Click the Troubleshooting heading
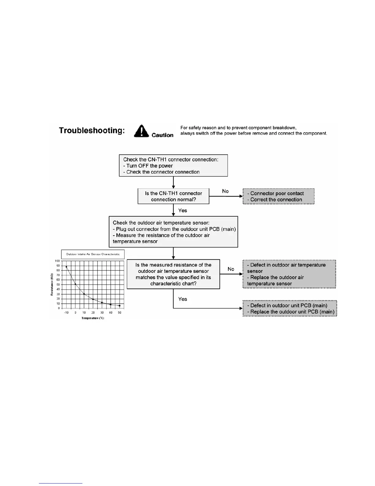coord(92,131)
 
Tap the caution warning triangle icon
coord(141,131)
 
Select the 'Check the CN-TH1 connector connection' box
coord(173,166)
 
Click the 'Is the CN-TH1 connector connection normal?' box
coord(173,196)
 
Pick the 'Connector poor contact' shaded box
coord(278,196)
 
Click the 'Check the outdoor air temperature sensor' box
coord(173,232)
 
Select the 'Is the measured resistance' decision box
coord(173,274)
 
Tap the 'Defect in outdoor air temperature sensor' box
coord(289,274)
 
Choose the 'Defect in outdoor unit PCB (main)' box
coord(290,309)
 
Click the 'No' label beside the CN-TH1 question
coord(225,191)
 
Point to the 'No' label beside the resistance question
coord(231,269)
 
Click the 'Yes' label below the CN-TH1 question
coord(183,210)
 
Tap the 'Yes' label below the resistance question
coord(183,299)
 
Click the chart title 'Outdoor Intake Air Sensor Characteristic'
coord(93,254)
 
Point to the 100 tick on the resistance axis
coord(57,261)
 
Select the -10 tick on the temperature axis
coord(66,313)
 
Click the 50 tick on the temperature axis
coord(119,313)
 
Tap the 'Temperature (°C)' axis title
coord(93,318)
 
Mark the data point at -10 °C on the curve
coord(66,267)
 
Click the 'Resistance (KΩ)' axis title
coord(52,284)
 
